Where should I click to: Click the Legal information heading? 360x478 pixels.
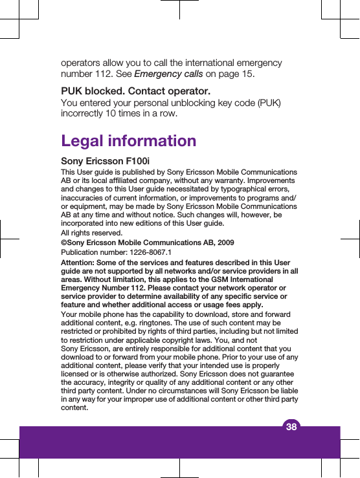pyautogui.click(x=128, y=140)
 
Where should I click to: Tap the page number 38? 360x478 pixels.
pyautogui.click(x=291, y=426)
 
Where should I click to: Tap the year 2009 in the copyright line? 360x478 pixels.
pyautogui.click(x=225, y=243)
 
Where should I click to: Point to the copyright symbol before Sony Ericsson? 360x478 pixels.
pyautogui.click(x=63, y=243)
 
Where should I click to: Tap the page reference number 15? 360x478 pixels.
pyautogui.click(x=247, y=74)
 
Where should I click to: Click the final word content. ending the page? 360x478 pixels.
pyautogui.click(x=73, y=407)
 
